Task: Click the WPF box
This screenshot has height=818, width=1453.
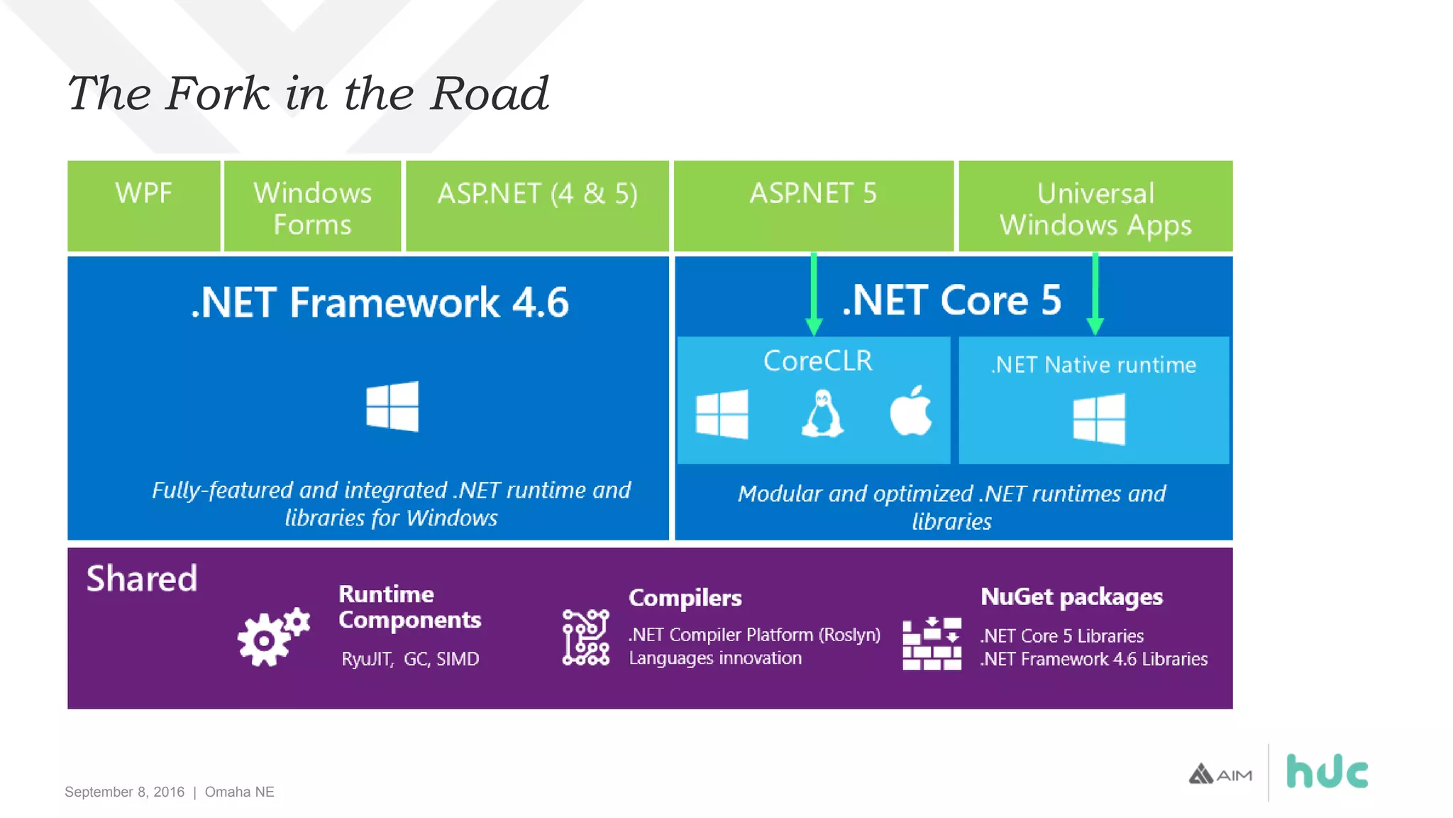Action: pyautogui.click(x=143, y=206)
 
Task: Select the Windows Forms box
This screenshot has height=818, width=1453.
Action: pyautogui.click(x=312, y=207)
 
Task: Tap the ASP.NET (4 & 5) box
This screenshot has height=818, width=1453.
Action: pyautogui.click(x=537, y=206)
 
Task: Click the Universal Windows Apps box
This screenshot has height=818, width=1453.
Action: pyautogui.click(x=1095, y=207)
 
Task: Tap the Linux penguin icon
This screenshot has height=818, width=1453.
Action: pyautogui.click(x=822, y=413)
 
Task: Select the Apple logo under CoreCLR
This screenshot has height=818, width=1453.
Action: pyautogui.click(x=910, y=411)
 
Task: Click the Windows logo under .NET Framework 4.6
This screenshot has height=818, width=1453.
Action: pyautogui.click(x=392, y=406)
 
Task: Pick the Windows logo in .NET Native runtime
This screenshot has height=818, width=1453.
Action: pyautogui.click(x=1098, y=419)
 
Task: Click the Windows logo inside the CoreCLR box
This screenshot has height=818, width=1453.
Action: pyautogui.click(x=722, y=413)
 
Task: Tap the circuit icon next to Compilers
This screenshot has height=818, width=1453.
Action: pyautogui.click(x=585, y=637)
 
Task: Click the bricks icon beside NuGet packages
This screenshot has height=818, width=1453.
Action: pyautogui.click(x=932, y=643)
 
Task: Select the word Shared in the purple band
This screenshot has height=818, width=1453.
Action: pyautogui.click(x=142, y=578)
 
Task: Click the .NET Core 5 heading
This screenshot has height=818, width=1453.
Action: pyautogui.click(x=951, y=300)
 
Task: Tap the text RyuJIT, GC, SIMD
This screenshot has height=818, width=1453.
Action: pyautogui.click(x=410, y=659)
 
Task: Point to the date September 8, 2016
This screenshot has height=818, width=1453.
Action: pyautogui.click(x=124, y=792)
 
